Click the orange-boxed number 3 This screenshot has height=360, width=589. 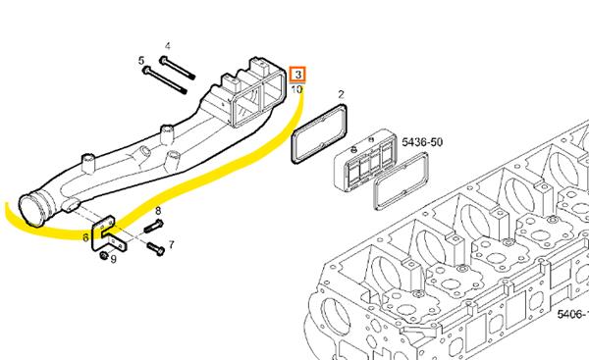pos(297,75)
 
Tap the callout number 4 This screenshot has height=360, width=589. pos(168,46)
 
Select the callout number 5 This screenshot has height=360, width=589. pos(141,61)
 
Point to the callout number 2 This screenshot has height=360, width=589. pos(341,94)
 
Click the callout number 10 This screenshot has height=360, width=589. pos(296,89)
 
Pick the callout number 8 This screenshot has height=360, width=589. pos(158,211)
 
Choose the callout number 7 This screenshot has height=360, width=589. pos(171,245)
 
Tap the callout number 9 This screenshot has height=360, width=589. pos(114,259)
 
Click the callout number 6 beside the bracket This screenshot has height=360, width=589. pos(85,237)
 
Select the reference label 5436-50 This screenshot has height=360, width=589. pos(422,142)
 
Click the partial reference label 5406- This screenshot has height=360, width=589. pos(572,314)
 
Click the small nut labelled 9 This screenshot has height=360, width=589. pos(104,256)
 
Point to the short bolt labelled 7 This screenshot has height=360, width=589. pos(156,248)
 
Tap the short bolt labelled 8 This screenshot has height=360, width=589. pos(153,226)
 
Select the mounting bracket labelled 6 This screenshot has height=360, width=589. pos(108,234)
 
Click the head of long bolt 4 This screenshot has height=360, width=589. pos(163,59)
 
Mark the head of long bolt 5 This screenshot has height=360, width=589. pos(146,70)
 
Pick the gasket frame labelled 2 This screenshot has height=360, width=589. pos(319,134)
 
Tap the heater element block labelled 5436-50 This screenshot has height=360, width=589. pos(363,160)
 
